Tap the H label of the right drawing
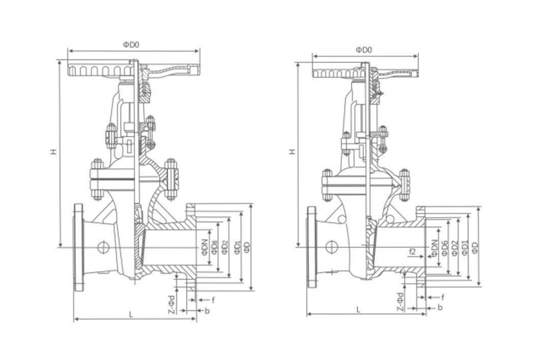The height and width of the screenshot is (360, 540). [292, 152]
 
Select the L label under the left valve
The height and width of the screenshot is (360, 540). [131, 314]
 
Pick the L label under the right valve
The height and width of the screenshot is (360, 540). [359, 309]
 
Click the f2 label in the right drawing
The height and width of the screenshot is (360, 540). [413, 251]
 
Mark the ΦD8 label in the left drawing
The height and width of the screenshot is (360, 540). [215, 245]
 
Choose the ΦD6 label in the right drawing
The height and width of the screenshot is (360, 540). [445, 247]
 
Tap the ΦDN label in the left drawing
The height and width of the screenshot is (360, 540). [205, 246]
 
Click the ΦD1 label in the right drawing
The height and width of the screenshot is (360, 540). [464, 247]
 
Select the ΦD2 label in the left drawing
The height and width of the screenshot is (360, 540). [224, 246]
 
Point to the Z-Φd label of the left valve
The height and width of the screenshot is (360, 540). [172, 303]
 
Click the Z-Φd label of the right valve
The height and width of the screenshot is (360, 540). [400, 299]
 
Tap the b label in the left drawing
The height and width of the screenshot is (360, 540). [207, 310]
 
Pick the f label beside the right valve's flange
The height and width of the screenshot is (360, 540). [443, 297]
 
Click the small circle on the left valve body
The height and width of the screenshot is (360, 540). [103, 247]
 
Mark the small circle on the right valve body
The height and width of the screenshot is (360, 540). [331, 246]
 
